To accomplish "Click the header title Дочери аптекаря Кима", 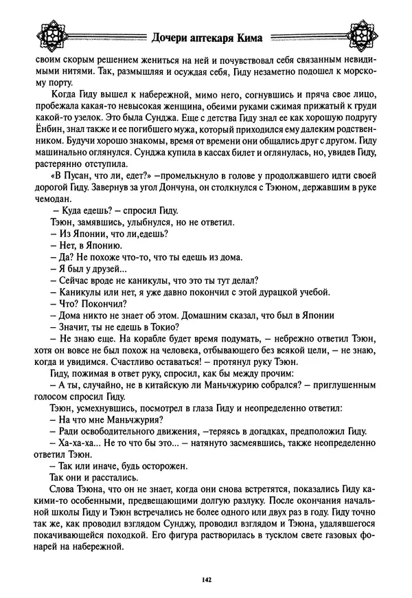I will pos(206,38).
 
